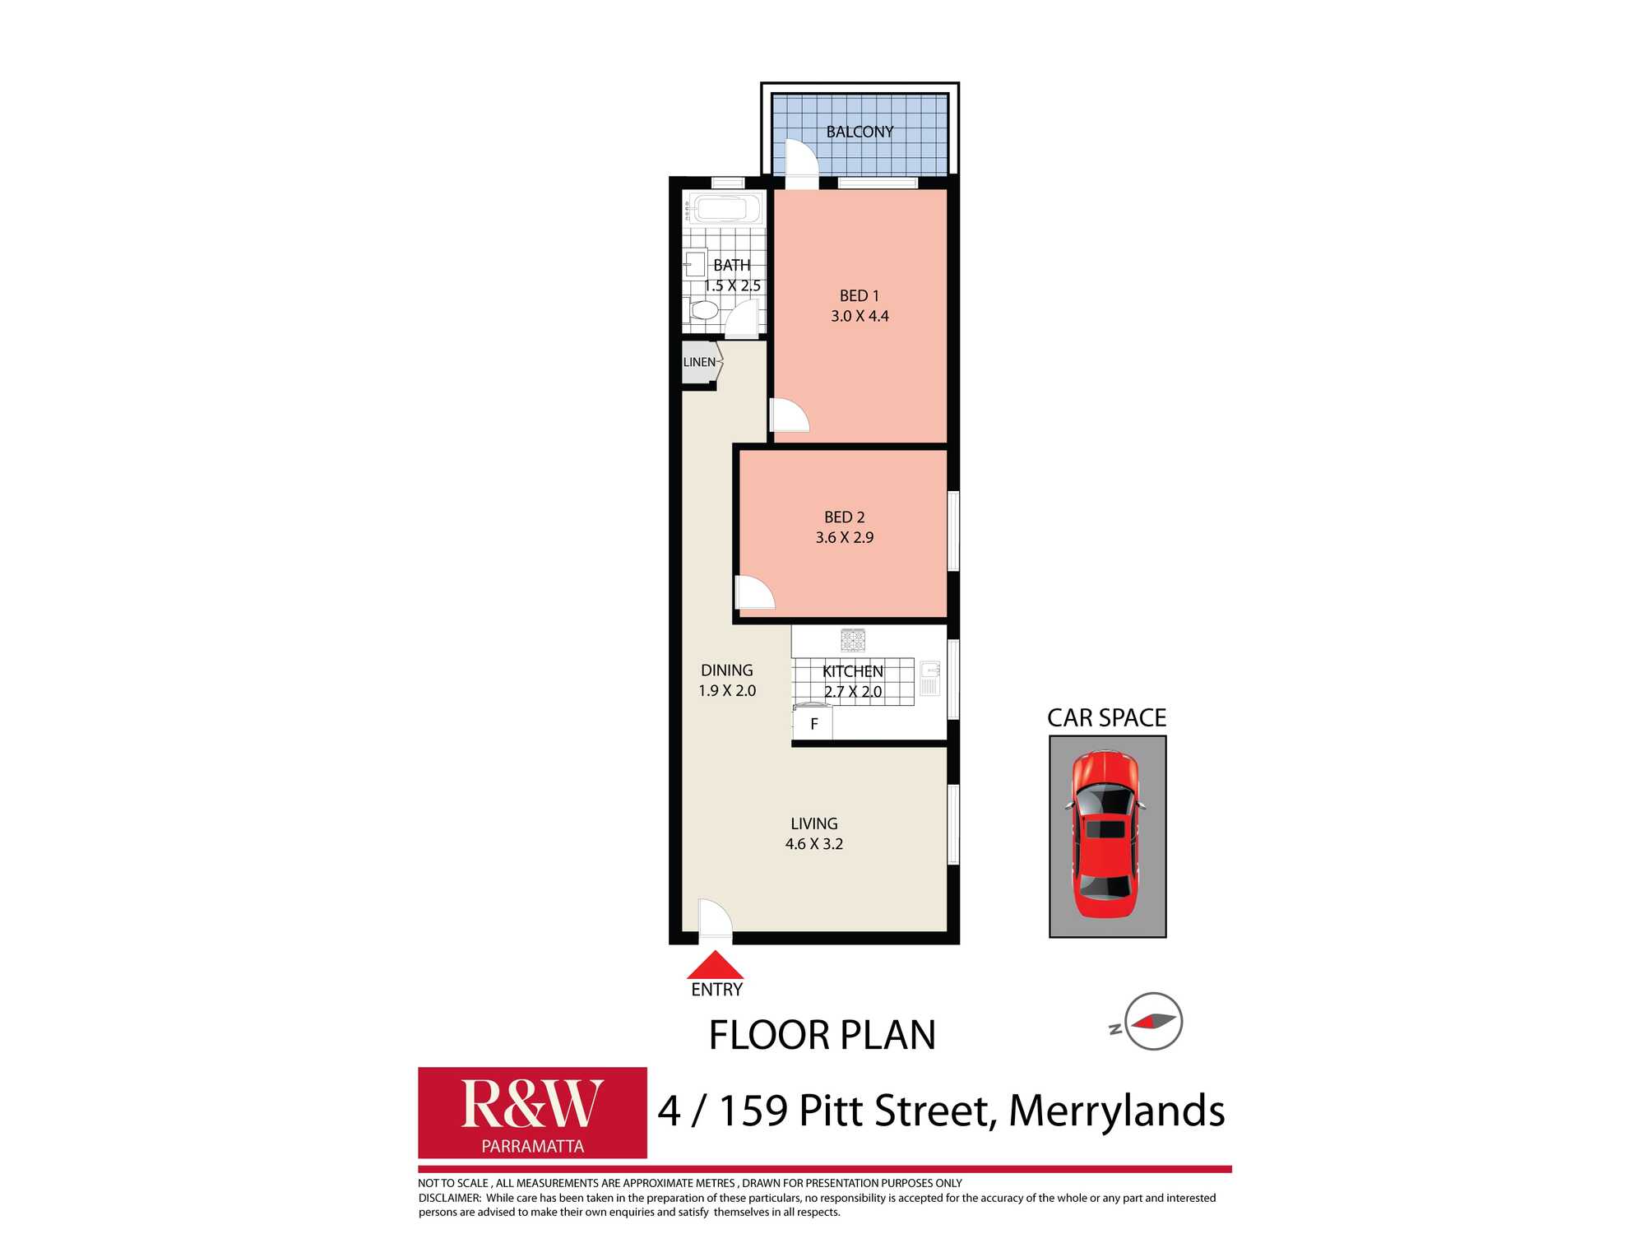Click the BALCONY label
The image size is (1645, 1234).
tap(860, 132)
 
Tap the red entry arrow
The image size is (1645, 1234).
tap(715, 965)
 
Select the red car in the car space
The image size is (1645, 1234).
tap(1107, 835)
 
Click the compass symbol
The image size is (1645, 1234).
tap(1153, 1022)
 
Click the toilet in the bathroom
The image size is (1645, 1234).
tap(703, 311)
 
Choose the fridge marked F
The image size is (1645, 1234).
tap(813, 724)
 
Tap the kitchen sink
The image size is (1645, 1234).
tap(929, 678)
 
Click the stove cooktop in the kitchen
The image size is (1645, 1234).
tap(853, 640)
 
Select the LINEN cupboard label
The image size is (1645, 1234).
tap(699, 362)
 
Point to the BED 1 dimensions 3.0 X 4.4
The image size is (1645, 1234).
tap(860, 316)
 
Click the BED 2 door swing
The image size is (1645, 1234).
tap(753, 592)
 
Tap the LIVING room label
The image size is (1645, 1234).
tap(814, 823)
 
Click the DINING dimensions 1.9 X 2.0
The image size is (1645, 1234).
tap(727, 691)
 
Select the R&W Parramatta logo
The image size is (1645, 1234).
tap(532, 1112)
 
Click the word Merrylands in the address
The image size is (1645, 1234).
tap(1116, 1111)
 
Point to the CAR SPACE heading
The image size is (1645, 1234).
tap(1106, 718)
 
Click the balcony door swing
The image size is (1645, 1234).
tap(800, 160)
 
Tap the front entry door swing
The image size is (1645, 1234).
tap(714, 918)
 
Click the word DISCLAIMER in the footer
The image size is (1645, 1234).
tap(449, 1198)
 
